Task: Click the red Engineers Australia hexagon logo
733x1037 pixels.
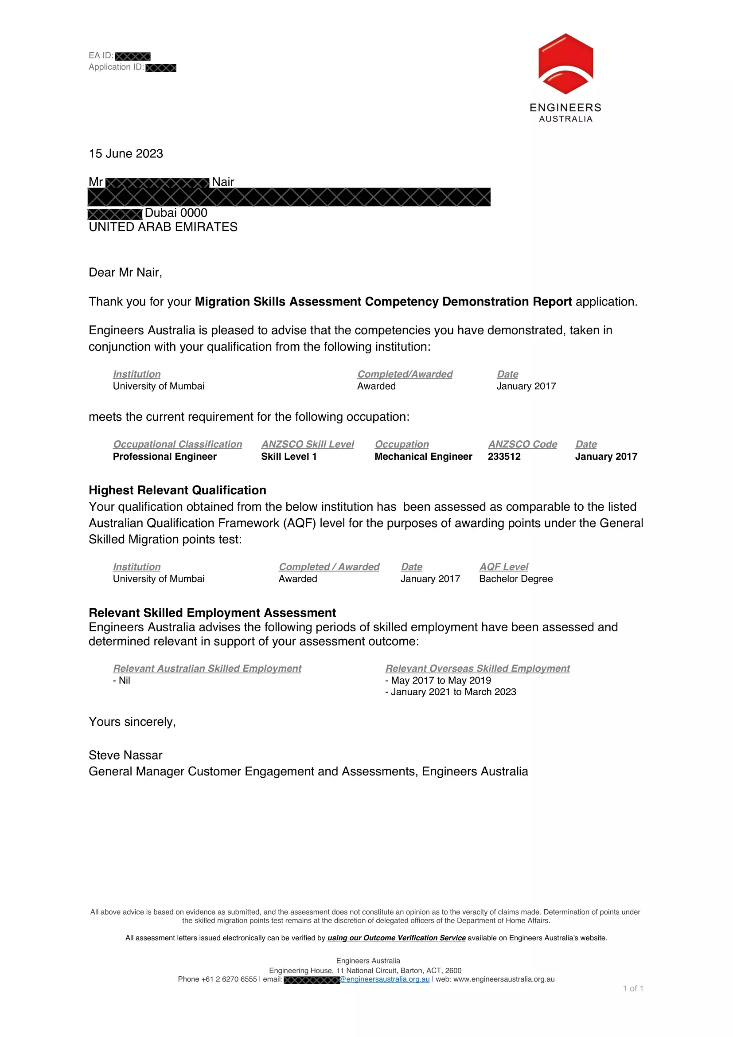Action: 565,64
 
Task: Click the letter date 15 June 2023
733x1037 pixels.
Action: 126,153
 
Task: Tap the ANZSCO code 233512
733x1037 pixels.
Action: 504,457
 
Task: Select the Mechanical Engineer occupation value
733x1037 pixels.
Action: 423,457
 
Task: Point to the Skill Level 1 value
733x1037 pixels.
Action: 289,457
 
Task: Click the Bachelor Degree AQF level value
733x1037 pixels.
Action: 515,579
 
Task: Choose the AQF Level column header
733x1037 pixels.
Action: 504,567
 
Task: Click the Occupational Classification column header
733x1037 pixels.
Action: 177,444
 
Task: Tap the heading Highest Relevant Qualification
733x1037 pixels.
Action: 177,490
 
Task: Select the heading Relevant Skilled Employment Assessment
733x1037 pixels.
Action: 212,613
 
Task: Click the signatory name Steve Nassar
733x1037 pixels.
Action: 125,755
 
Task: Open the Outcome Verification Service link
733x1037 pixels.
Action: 396,938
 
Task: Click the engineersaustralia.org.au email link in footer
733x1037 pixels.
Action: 385,979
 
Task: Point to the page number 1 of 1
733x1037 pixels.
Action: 633,989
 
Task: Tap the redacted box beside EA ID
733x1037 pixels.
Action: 133,56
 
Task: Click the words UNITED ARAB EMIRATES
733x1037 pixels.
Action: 163,227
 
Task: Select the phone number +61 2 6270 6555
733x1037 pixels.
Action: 229,979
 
